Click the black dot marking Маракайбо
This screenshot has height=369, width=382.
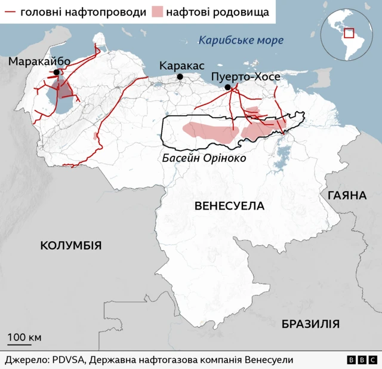point(56,73)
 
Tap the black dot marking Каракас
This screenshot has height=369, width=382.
point(180,77)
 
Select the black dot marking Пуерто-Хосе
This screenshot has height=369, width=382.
point(227,88)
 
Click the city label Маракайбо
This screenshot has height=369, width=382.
point(39,61)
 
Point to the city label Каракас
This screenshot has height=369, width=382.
point(182,66)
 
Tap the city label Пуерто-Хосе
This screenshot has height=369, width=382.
point(245,77)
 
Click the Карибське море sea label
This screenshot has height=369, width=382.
point(241,41)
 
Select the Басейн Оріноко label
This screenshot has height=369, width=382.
point(204,159)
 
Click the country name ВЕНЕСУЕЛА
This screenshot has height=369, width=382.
point(229,206)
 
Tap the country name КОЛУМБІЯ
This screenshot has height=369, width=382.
point(70,245)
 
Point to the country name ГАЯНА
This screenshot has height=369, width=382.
point(346,196)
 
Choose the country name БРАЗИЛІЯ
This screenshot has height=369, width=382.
point(310,324)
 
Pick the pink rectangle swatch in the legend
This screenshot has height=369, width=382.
point(158,12)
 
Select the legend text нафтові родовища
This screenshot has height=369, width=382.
point(217,12)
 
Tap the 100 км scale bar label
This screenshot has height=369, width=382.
point(24,337)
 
